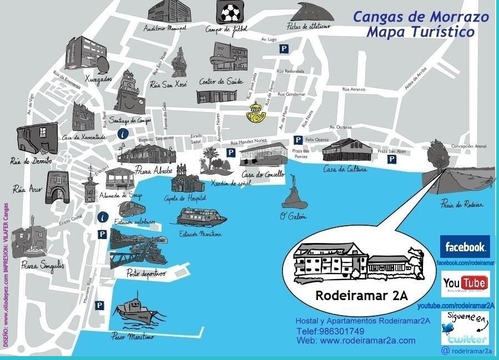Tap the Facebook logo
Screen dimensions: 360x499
click(465, 246)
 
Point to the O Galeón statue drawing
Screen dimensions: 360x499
click(294, 195)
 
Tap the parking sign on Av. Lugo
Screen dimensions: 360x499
click(284, 49)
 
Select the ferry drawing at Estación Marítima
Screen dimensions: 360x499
click(202, 217)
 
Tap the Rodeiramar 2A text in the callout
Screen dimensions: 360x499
click(361, 296)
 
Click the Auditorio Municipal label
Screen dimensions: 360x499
click(165, 27)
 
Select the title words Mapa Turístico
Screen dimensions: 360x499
click(420, 32)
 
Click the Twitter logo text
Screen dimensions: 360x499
click(468, 339)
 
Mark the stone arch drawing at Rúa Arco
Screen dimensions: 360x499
click(57, 186)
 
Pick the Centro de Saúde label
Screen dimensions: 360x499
click(221, 82)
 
